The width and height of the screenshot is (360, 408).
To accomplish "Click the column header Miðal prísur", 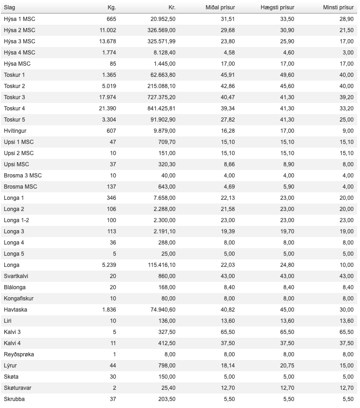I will pyautogui.click(x=220, y=7).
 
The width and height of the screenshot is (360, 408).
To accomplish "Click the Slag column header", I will pyautogui.click(x=9, y=7).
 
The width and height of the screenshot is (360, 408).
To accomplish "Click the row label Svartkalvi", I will pyautogui.click(x=16, y=276).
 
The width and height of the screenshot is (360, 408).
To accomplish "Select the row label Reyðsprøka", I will pyautogui.click(x=19, y=354).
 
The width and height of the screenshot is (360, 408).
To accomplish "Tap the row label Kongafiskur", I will pyautogui.click(x=19, y=299).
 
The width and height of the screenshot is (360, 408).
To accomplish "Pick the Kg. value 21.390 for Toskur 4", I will pyautogui.click(x=107, y=109).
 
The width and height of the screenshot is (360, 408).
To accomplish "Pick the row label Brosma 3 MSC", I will pyautogui.click(x=23, y=176).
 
